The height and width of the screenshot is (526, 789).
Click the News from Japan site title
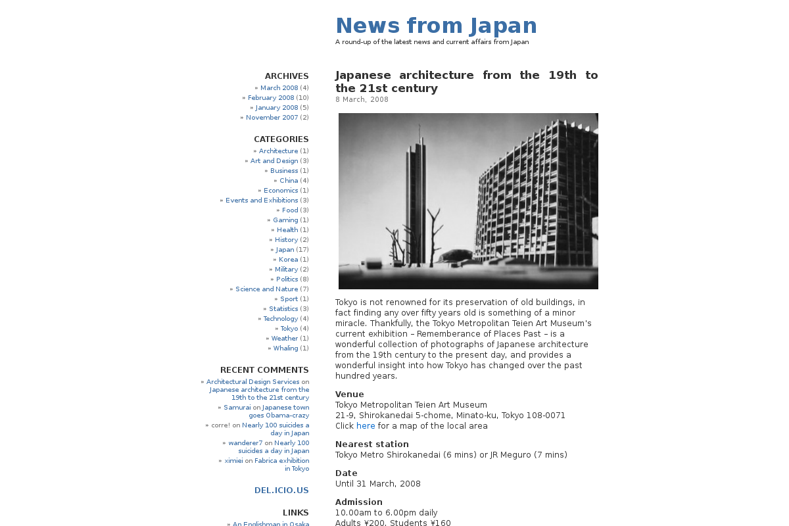point(436,26)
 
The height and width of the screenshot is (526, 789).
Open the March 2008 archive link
point(279,88)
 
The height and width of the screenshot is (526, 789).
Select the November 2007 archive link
point(272,118)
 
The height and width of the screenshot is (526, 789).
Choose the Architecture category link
point(278,151)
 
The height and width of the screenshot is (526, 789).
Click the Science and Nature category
point(266,289)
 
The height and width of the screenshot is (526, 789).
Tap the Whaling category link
point(285,348)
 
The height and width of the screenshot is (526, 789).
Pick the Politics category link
point(287,279)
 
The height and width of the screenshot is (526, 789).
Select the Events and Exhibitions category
point(262,201)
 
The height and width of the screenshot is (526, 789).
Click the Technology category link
point(281,319)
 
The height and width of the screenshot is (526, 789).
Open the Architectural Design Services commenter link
point(252,382)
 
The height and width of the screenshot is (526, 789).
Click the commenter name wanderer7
point(245,443)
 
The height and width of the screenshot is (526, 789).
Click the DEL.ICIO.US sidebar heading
point(281,490)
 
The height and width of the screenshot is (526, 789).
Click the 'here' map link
point(366,426)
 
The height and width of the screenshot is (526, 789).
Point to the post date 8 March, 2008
point(362,100)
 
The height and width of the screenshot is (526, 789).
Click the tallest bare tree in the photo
point(433,230)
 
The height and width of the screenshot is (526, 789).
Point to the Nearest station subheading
point(371,444)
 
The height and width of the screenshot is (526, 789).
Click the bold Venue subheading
point(349,394)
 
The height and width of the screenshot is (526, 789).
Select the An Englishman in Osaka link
point(270,524)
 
